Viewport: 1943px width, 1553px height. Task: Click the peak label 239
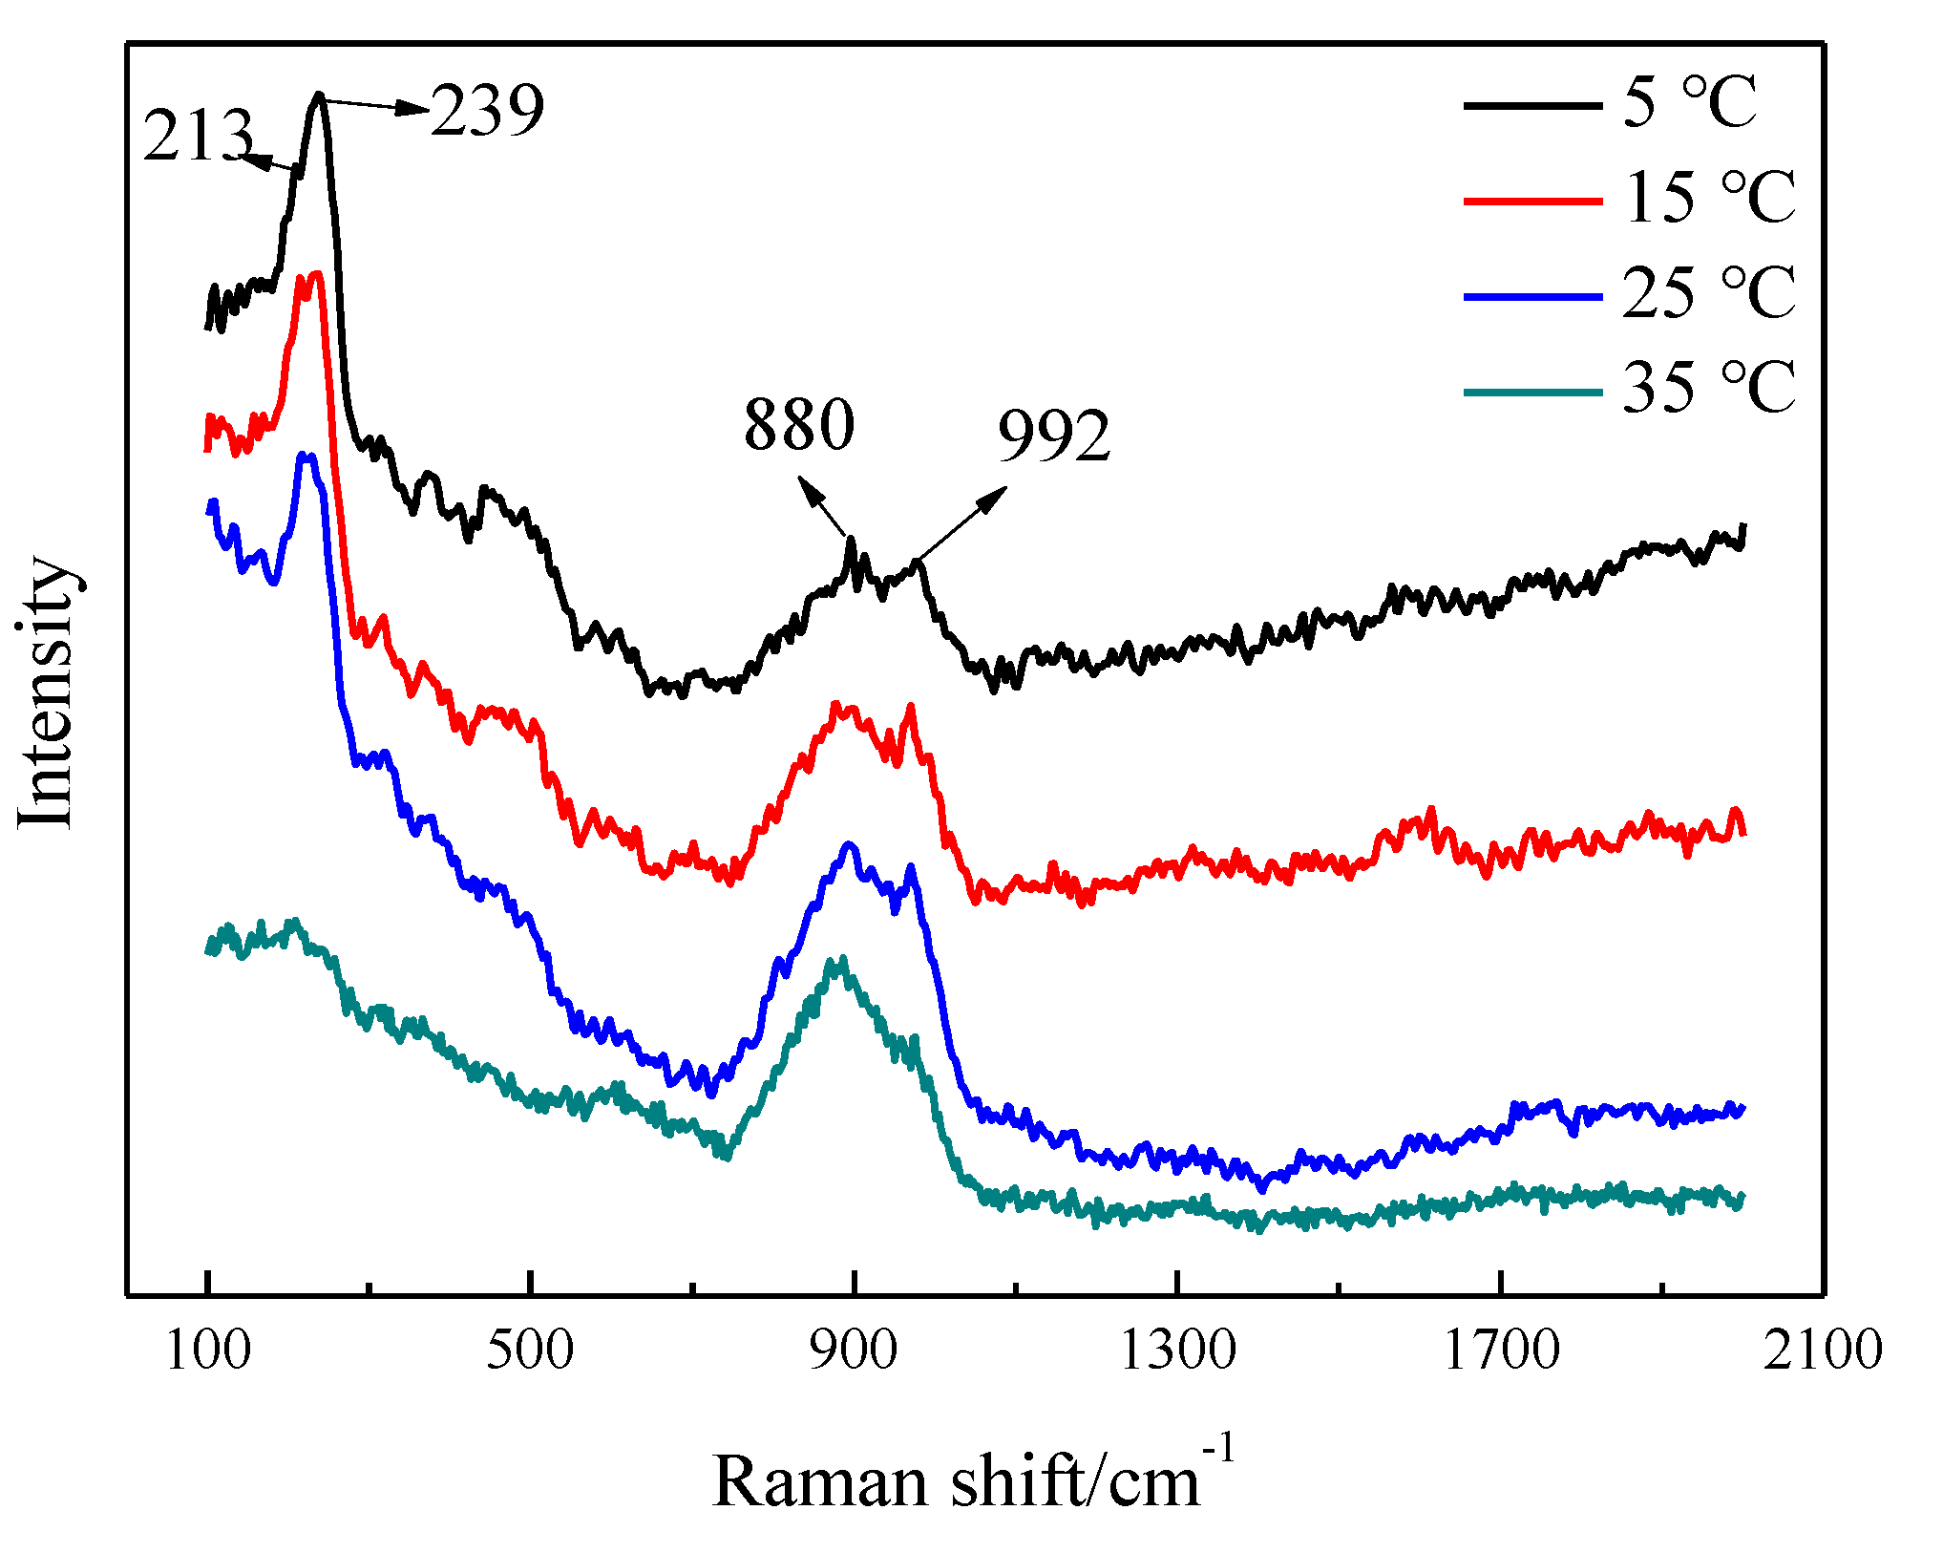tap(487, 111)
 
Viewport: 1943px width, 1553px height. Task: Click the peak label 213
tap(199, 136)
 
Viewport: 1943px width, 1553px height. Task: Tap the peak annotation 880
tap(799, 424)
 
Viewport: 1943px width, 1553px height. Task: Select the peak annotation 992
tap(1054, 436)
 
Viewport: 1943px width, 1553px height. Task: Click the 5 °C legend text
tap(1689, 102)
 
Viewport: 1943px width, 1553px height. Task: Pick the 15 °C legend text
tap(1709, 198)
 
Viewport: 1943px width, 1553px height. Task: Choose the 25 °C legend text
tap(1709, 293)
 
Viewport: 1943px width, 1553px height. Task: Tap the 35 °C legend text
tap(1709, 388)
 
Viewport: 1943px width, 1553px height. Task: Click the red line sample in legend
tap(1532, 201)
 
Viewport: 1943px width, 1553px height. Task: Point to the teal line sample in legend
tap(1532, 392)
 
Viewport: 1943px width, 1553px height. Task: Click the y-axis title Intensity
tap(46, 691)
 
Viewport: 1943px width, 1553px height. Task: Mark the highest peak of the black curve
tap(319, 96)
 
